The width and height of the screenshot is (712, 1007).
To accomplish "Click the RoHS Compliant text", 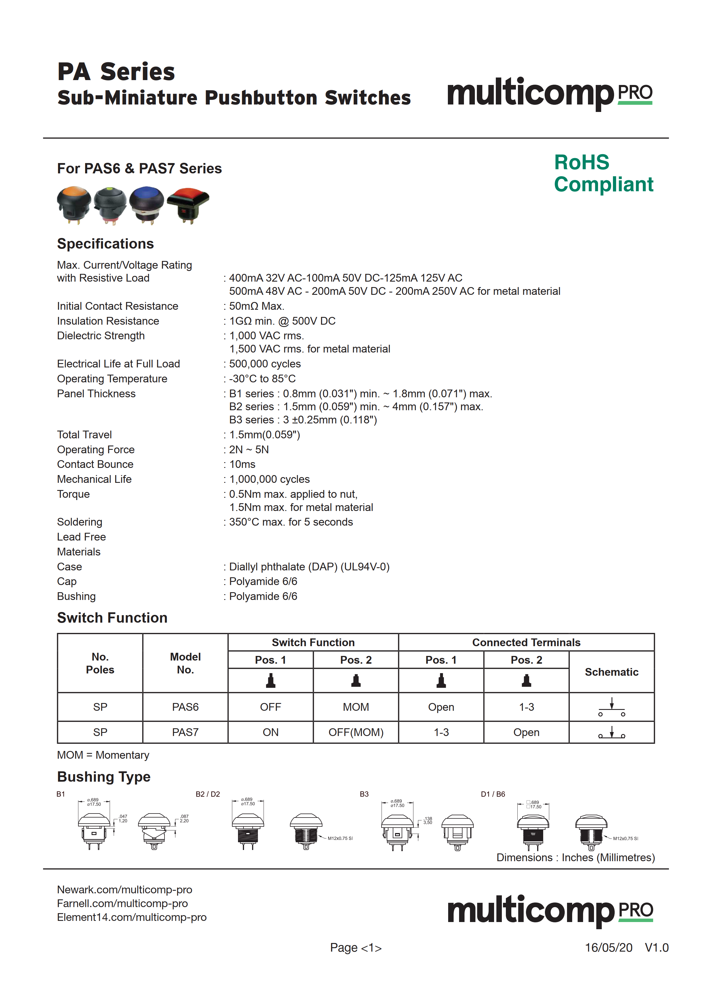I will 603,173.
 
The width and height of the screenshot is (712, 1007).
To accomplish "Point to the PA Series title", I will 116,72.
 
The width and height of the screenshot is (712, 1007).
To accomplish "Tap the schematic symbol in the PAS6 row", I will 612,707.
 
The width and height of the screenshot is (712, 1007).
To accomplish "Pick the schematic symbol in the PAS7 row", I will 612,733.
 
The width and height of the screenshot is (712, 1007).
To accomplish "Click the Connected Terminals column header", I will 526,642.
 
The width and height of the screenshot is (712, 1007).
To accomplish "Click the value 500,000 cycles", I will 265,364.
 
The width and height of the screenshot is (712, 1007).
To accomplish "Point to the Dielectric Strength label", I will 101,336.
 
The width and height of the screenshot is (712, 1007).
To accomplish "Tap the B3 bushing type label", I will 364,794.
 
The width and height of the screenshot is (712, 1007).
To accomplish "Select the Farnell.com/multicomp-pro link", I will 122,903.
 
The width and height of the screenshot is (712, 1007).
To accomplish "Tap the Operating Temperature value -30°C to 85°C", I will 262,379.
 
